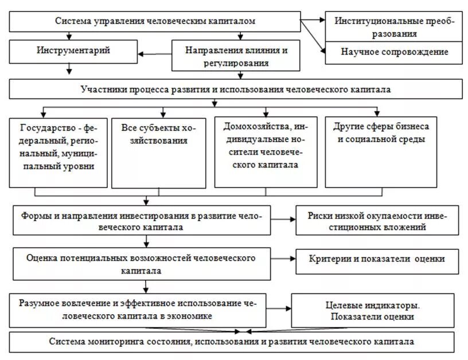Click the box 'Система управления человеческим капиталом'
click(155, 21)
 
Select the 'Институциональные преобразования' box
click(393, 26)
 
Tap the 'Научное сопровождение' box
click(393, 52)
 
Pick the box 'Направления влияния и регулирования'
click(236, 56)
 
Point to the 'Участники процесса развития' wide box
click(236, 89)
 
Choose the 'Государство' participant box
click(58, 152)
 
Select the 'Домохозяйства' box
click(266, 152)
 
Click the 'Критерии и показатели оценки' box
click(377, 259)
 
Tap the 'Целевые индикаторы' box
click(376, 310)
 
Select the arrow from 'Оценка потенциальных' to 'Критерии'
click(283, 259)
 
